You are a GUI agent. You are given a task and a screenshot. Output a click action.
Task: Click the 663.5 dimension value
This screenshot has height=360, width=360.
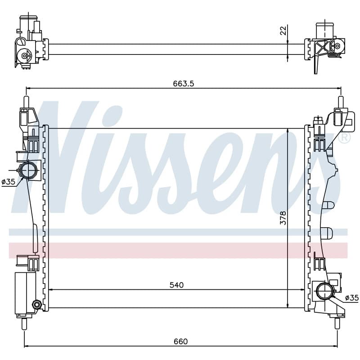183,84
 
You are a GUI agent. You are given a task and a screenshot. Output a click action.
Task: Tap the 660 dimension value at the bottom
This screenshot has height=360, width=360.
181,342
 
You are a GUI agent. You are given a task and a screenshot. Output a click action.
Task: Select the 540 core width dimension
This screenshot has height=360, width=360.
176,285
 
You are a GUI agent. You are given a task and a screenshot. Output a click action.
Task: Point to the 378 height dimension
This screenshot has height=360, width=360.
283,218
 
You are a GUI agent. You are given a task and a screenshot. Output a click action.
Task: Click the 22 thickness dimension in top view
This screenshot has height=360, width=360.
283,31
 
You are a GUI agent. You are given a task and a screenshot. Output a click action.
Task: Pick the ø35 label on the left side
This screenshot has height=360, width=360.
8,182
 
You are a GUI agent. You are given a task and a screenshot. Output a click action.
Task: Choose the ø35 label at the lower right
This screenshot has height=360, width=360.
352,298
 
